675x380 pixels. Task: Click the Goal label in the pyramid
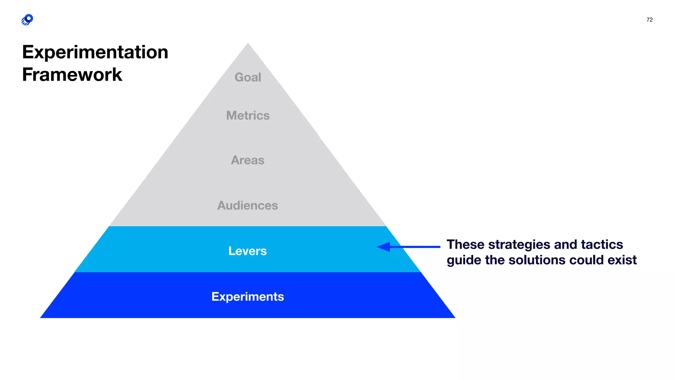248,77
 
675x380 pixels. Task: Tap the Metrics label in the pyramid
248,115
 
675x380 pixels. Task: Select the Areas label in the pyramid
248,160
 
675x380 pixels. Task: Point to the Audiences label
248,206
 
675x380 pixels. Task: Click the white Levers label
248,251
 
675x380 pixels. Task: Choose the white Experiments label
248,297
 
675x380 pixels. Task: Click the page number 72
649,20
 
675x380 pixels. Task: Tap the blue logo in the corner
27,20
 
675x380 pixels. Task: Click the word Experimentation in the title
95,52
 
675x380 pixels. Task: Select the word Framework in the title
72,75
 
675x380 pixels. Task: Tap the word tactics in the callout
602,245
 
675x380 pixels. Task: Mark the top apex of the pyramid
248,44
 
